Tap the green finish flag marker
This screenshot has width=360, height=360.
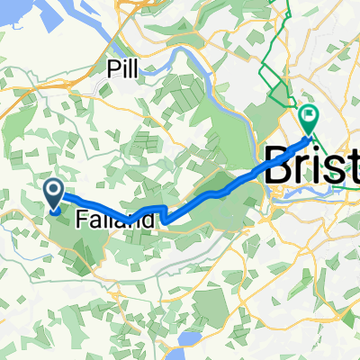pyautogui.click(x=310, y=118)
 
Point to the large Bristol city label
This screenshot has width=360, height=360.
pyautogui.click(x=311, y=166)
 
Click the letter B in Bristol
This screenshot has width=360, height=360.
pyautogui.click(x=278, y=166)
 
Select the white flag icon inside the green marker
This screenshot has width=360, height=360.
pyautogui.click(x=310, y=115)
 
